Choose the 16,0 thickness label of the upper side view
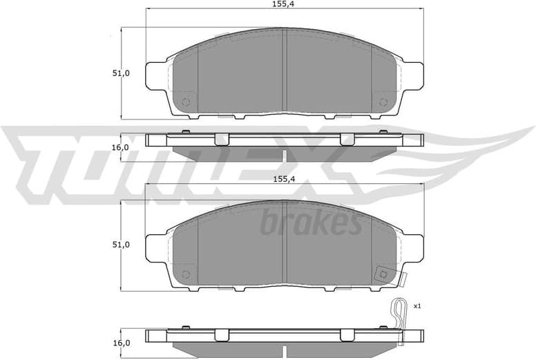(x=122, y=147)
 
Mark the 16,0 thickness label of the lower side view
(x=122, y=343)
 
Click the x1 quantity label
(x=417, y=305)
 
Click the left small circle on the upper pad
(x=185, y=102)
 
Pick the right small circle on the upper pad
(x=383, y=102)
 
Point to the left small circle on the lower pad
(x=185, y=274)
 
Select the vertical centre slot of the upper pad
(x=285, y=71)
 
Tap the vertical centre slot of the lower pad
(x=285, y=243)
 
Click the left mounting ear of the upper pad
(x=157, y=75)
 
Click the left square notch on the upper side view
(x=221, y=139)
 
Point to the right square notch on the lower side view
(x=347, y=335)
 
